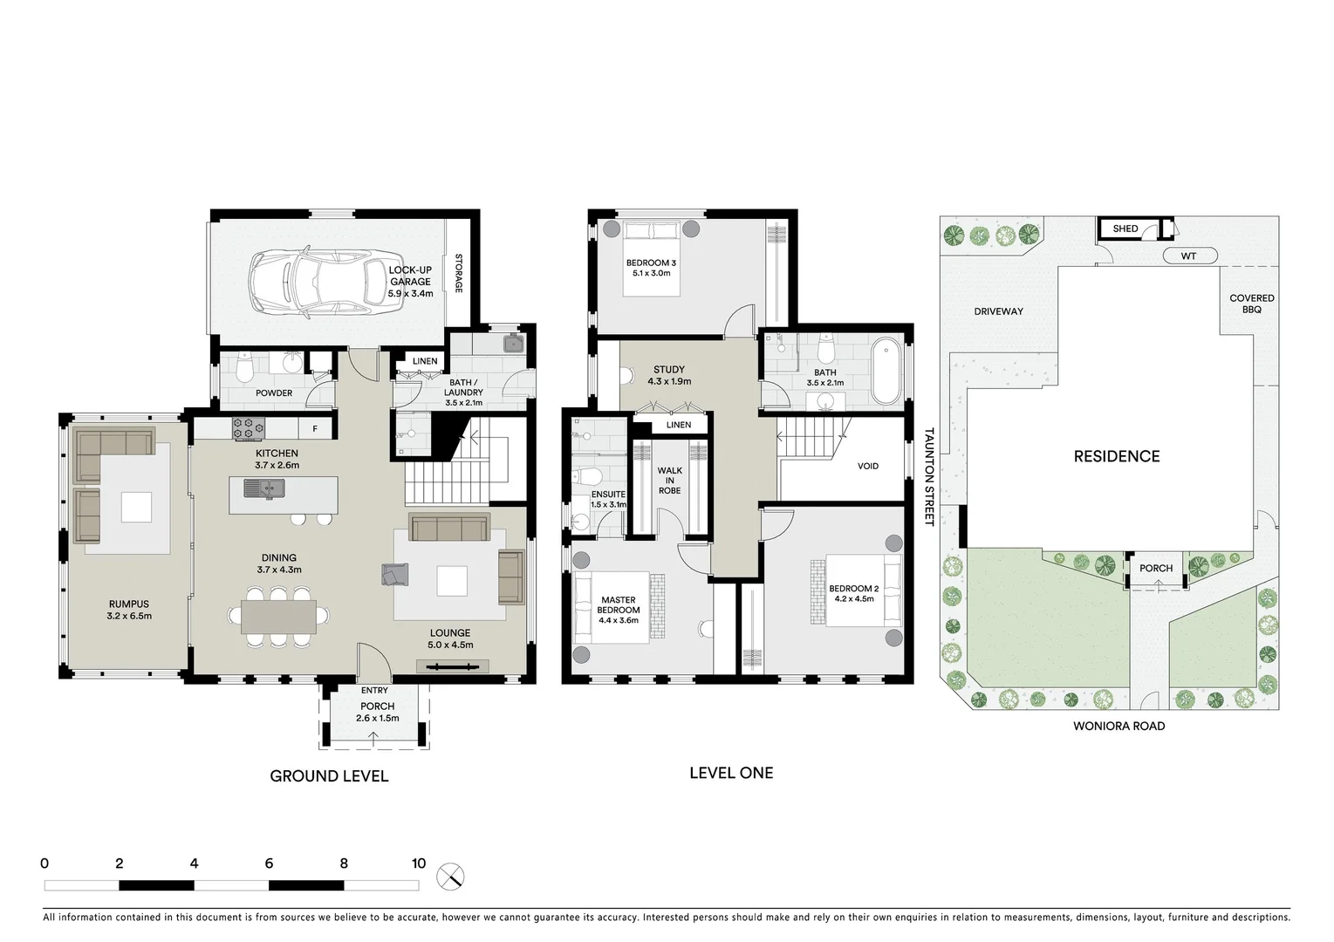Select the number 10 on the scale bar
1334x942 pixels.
419,863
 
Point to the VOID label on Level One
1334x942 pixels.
867,466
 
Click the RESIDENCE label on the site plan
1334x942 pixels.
1116,456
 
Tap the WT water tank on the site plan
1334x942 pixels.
1188,256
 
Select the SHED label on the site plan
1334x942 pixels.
1125,229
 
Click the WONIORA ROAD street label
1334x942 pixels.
1119,726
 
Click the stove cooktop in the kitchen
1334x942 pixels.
248,428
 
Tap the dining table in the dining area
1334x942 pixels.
278,617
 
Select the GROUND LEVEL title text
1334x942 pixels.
329,776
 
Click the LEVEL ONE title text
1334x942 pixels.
730,773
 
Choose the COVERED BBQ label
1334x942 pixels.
1251,304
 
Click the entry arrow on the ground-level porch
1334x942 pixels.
374,738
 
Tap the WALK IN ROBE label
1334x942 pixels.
669,481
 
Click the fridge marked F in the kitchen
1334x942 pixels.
315,429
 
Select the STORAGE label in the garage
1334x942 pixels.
458,273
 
